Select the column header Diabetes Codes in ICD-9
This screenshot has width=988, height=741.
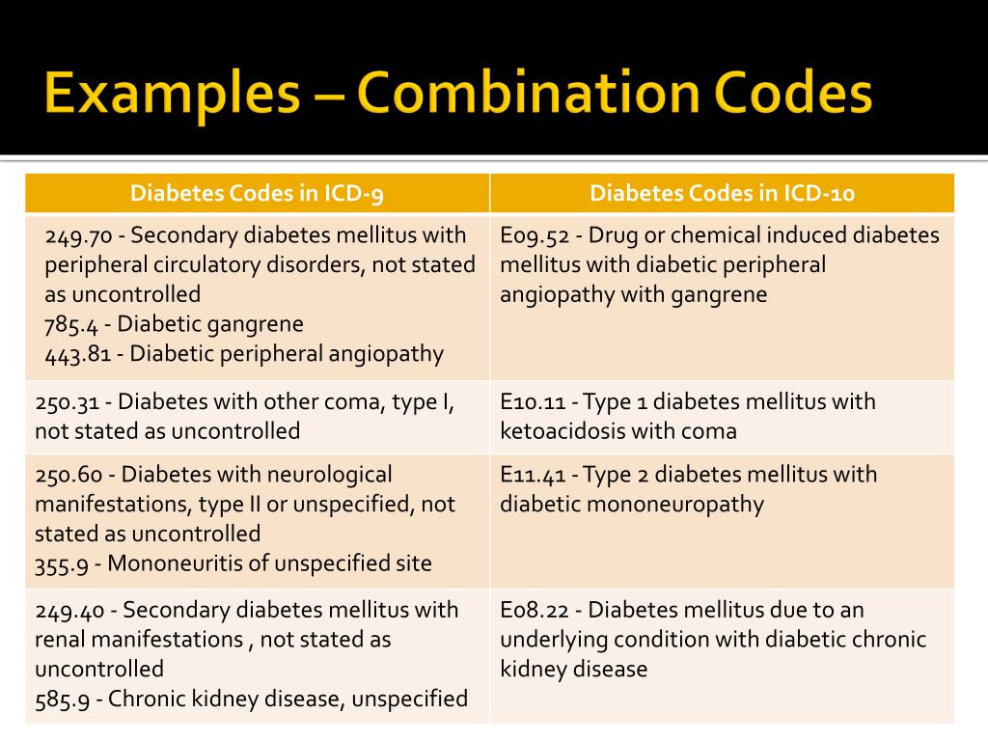(x=258, y=193)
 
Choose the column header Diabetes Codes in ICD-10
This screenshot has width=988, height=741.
(x=722, y=193)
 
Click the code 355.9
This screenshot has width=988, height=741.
(x=64, y=563)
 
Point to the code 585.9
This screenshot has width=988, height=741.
(x=64, y=699)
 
